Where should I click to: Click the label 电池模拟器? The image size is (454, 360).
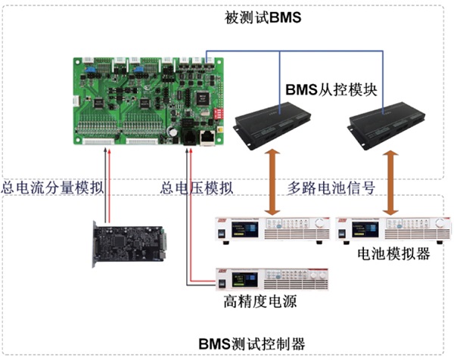[x=393, y=255]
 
